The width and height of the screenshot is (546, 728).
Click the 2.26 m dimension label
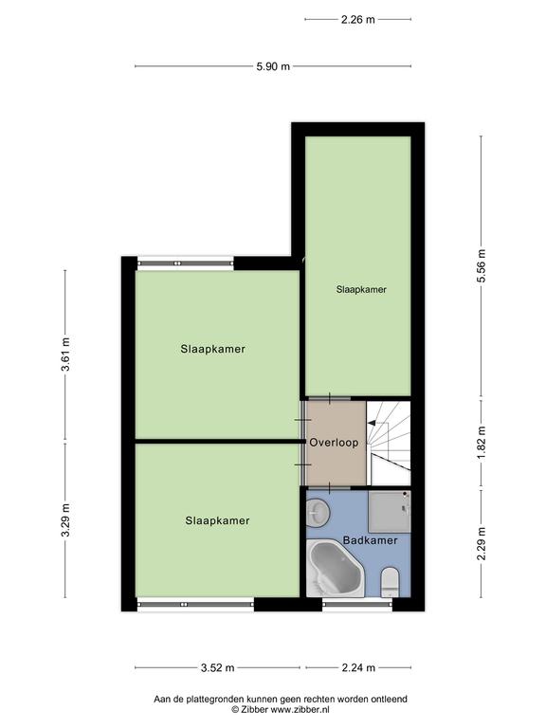(x=358, y=20)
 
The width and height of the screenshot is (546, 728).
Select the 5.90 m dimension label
(x=273, y=66)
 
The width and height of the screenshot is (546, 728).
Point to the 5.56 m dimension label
(x=482, y=266)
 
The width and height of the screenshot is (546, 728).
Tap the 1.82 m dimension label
(x=482, y=443)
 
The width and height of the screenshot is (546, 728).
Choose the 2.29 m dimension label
(x=482, y=544)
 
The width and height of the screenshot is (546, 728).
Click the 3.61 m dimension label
(x=65, y=355)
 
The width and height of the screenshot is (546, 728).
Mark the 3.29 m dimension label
(x=65, y=520)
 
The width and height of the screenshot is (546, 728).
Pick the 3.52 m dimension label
(x=218, y=668)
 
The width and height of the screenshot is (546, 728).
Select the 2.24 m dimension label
(x=358, y=668)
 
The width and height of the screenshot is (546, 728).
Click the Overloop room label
(x=334, y=443)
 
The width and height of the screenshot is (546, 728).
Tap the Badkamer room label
(x=370, y=540)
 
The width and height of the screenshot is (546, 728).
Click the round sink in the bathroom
(x=318, y=513)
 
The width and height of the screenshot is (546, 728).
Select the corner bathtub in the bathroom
(x=336, y=568)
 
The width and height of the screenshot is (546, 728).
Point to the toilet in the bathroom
(x=390, y=582)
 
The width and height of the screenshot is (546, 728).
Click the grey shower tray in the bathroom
(x=390, y=512)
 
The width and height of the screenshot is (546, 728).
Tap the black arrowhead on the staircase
(x=372, y=423)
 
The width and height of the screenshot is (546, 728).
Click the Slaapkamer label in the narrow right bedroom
(x=361, y=289)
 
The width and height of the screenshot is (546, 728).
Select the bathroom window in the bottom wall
(x=357, y=604)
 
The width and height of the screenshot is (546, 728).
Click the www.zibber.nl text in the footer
(x=300, y=709)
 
